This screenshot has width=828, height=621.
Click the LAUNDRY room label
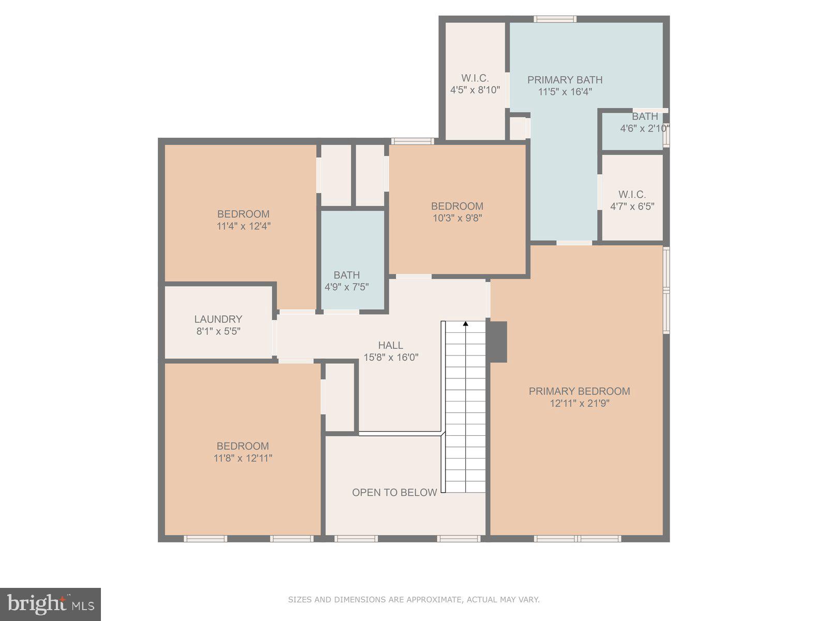[218, 319]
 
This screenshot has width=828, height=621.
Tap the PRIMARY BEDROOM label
[579, 391]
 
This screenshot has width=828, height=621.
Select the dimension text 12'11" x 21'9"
[579, 404]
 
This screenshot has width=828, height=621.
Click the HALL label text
[390, 345]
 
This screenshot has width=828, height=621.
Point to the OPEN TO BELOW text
[394, 493]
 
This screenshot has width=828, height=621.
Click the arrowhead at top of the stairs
[465, 324]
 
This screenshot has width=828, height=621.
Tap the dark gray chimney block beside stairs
[498, 342]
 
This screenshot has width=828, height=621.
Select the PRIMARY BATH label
[565, 80]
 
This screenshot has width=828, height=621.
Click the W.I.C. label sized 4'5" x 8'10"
[475, 78]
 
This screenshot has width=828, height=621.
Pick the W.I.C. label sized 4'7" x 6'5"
[632, 195]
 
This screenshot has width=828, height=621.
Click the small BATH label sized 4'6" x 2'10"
[645, 116]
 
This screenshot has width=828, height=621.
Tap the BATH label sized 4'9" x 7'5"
[346, 275]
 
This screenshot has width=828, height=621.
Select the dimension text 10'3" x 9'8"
[457, 218]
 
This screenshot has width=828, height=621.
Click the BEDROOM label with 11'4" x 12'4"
[243, 214]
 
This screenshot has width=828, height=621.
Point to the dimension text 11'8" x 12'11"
[243, 458]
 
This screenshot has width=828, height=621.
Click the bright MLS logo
[50, 604]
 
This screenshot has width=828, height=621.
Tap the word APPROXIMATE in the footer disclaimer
[434, 600]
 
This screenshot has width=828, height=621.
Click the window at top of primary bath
[555, 19]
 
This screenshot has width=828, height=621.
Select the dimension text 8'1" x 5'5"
[218, 331]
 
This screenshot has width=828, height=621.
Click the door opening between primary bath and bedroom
[574, 243]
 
